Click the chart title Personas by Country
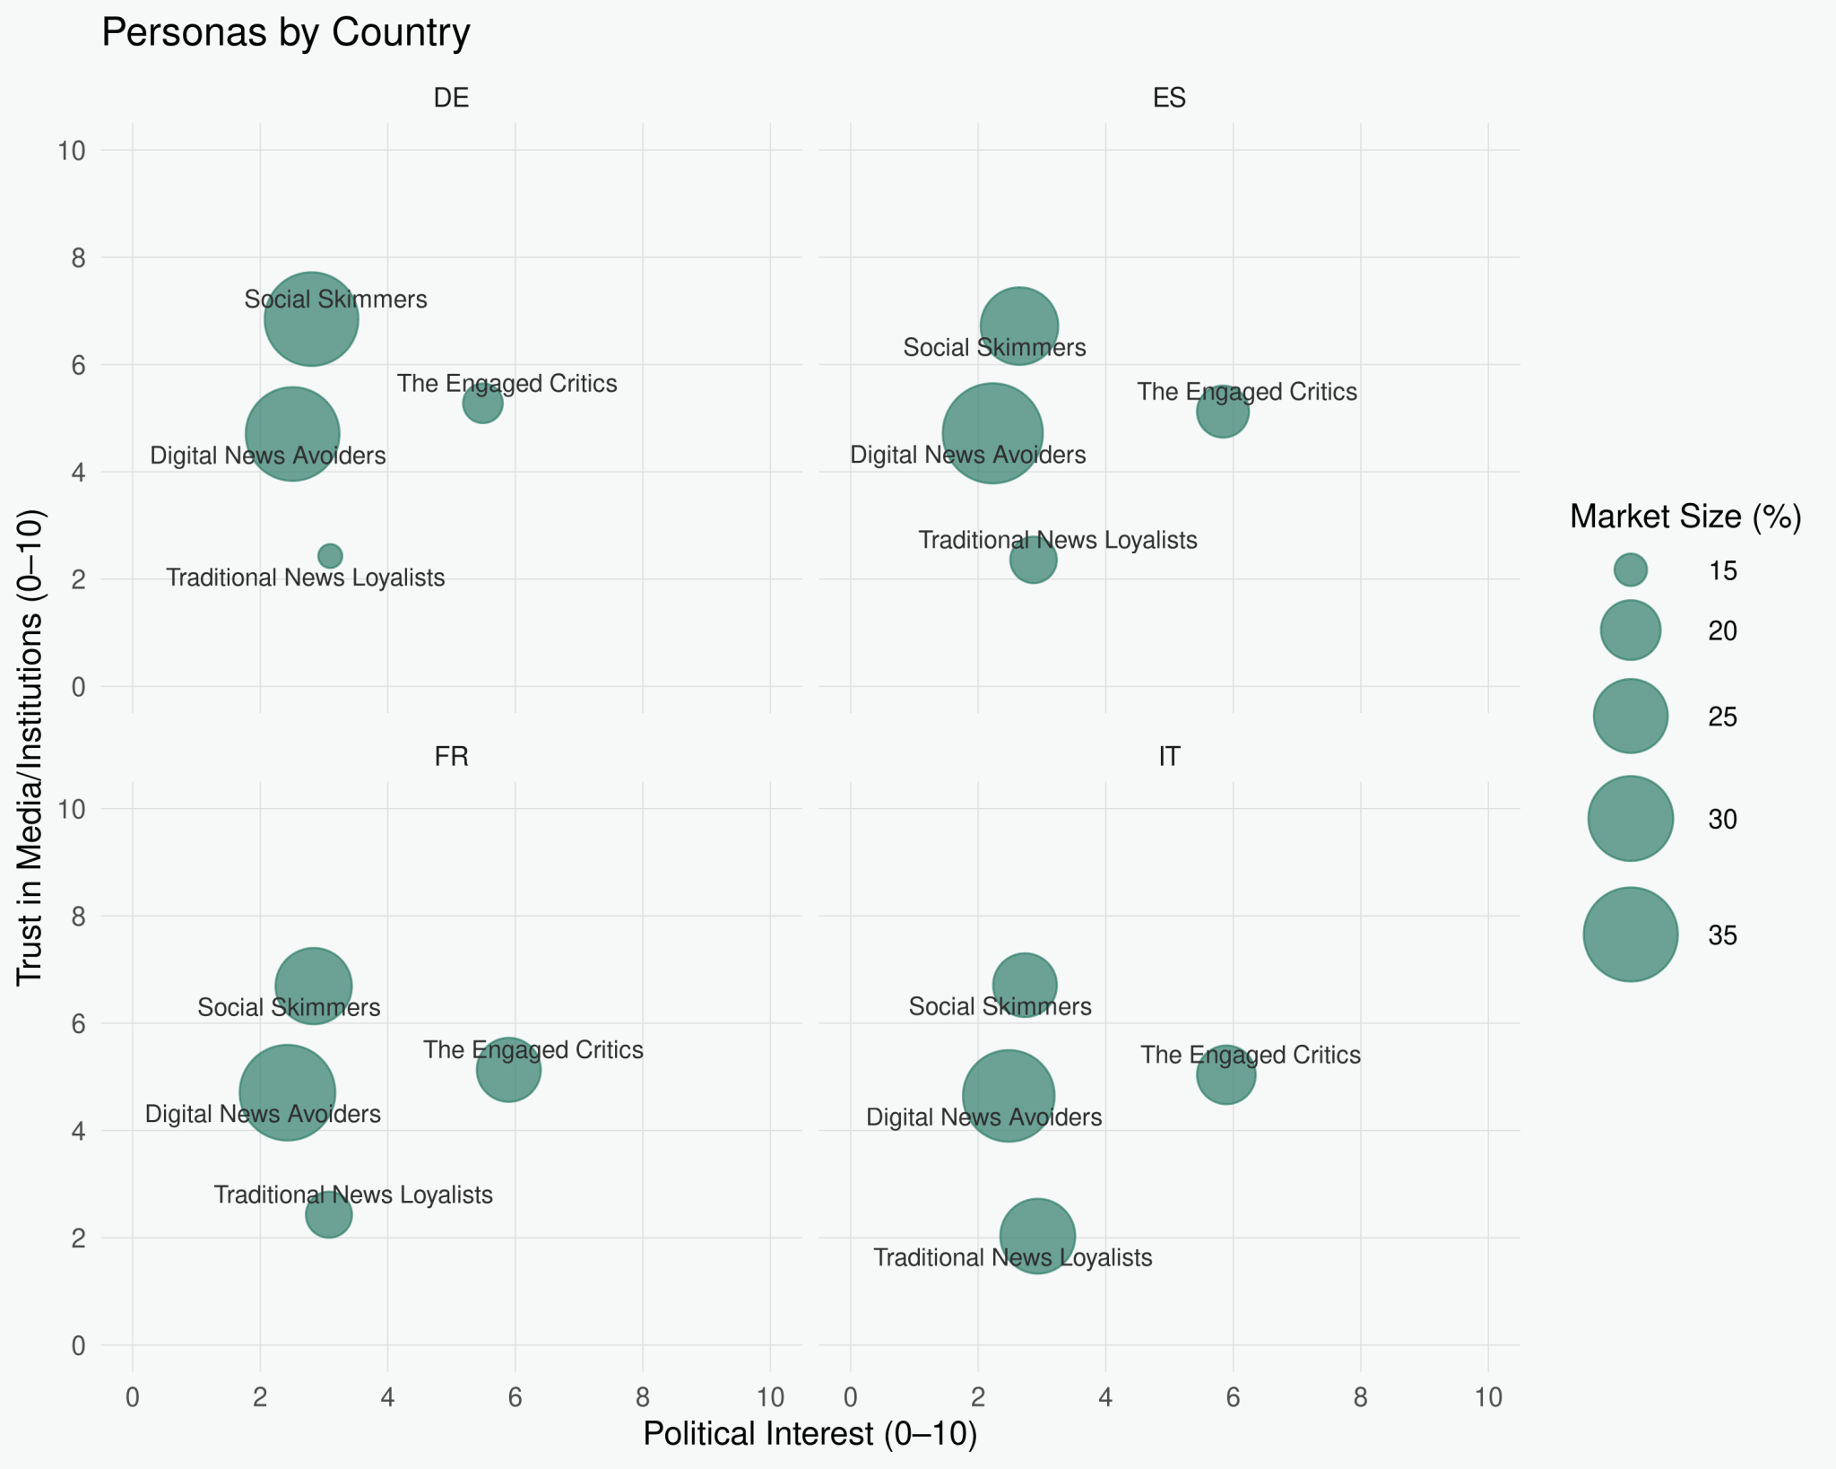click(x=285, y=33)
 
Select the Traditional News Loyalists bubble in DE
click(x=330, y=556)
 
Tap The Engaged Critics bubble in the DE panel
click(x=482, y=404)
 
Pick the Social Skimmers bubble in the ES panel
click(x=1018, y=326)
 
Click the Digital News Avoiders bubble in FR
click(x=287, y=1093)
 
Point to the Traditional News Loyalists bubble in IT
click(x=1037, y=1235)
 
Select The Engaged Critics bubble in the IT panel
click(x=1225, y=1074)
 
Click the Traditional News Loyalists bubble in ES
click(x=1033, y=560)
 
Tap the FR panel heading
click(x=451, y=757)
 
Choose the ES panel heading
click(x=1169, y=98)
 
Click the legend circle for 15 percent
click(x=1630, y=569)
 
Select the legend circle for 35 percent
click(x=1630, y=934)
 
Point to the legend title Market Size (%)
click(x=1685, y=517)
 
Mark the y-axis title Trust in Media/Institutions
click(x=30, y=748)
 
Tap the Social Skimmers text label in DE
click(x=335, y=300)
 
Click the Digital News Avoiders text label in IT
click(x=983, y=1117)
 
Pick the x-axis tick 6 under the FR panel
click(x=515, y=1396)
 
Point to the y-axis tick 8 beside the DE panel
click(x=78, y=258)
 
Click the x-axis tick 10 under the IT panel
click(x=1488, y=1396)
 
